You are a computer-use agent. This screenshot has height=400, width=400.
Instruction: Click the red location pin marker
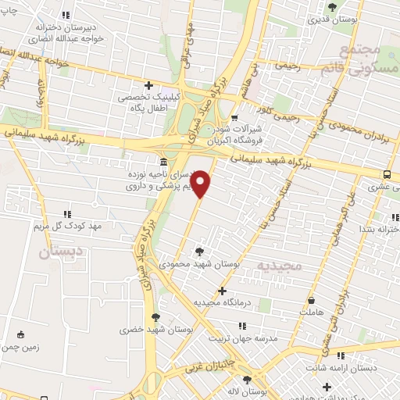[x=202, y=184]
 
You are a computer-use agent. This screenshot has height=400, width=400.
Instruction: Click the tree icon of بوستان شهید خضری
[x=155, y=317]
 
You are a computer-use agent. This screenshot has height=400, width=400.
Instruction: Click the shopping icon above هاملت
[x=312, y=300]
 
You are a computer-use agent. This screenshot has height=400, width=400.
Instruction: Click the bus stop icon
[x=388, y=174]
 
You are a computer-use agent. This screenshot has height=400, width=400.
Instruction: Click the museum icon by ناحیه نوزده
[x=162, y=162]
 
